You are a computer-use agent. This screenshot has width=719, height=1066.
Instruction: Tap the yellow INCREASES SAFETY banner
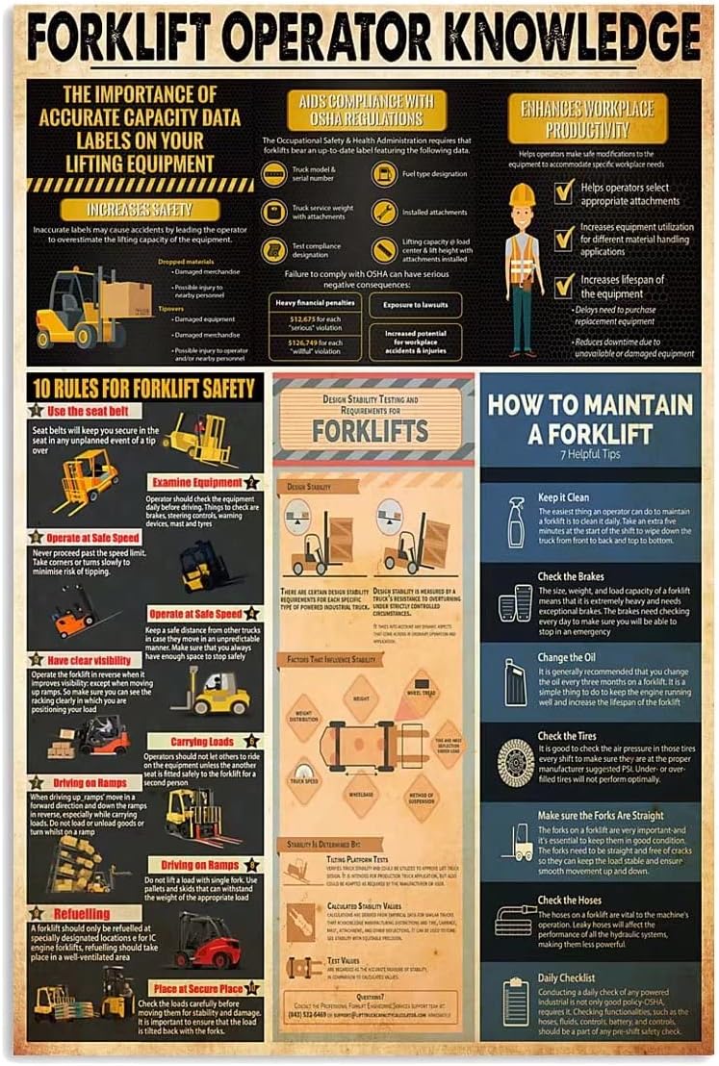pyautogui.click(x=140, y=209)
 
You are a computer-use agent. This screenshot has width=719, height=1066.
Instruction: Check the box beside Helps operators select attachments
pyautogui.click(x=564, y=192)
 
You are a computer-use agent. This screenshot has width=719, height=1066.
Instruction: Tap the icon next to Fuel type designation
pyautogui.click(x=385, y=174)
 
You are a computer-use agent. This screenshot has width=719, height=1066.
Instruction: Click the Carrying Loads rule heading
pyautogui.click(x=202, y=742)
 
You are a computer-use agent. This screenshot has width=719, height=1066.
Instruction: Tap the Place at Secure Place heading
pyautogui.click(x=196, y=988)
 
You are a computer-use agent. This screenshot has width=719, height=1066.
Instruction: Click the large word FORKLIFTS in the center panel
pyautogui.click(x=372, y=429)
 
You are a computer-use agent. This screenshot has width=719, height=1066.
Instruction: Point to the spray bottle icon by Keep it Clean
pyautogui.click(x=516, y=522)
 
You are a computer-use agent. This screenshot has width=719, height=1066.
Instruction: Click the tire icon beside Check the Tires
pyautogui.click(x=516, y=763)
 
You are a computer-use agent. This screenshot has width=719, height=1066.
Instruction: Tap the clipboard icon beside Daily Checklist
pyautogui.click(x=517, y=1001)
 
